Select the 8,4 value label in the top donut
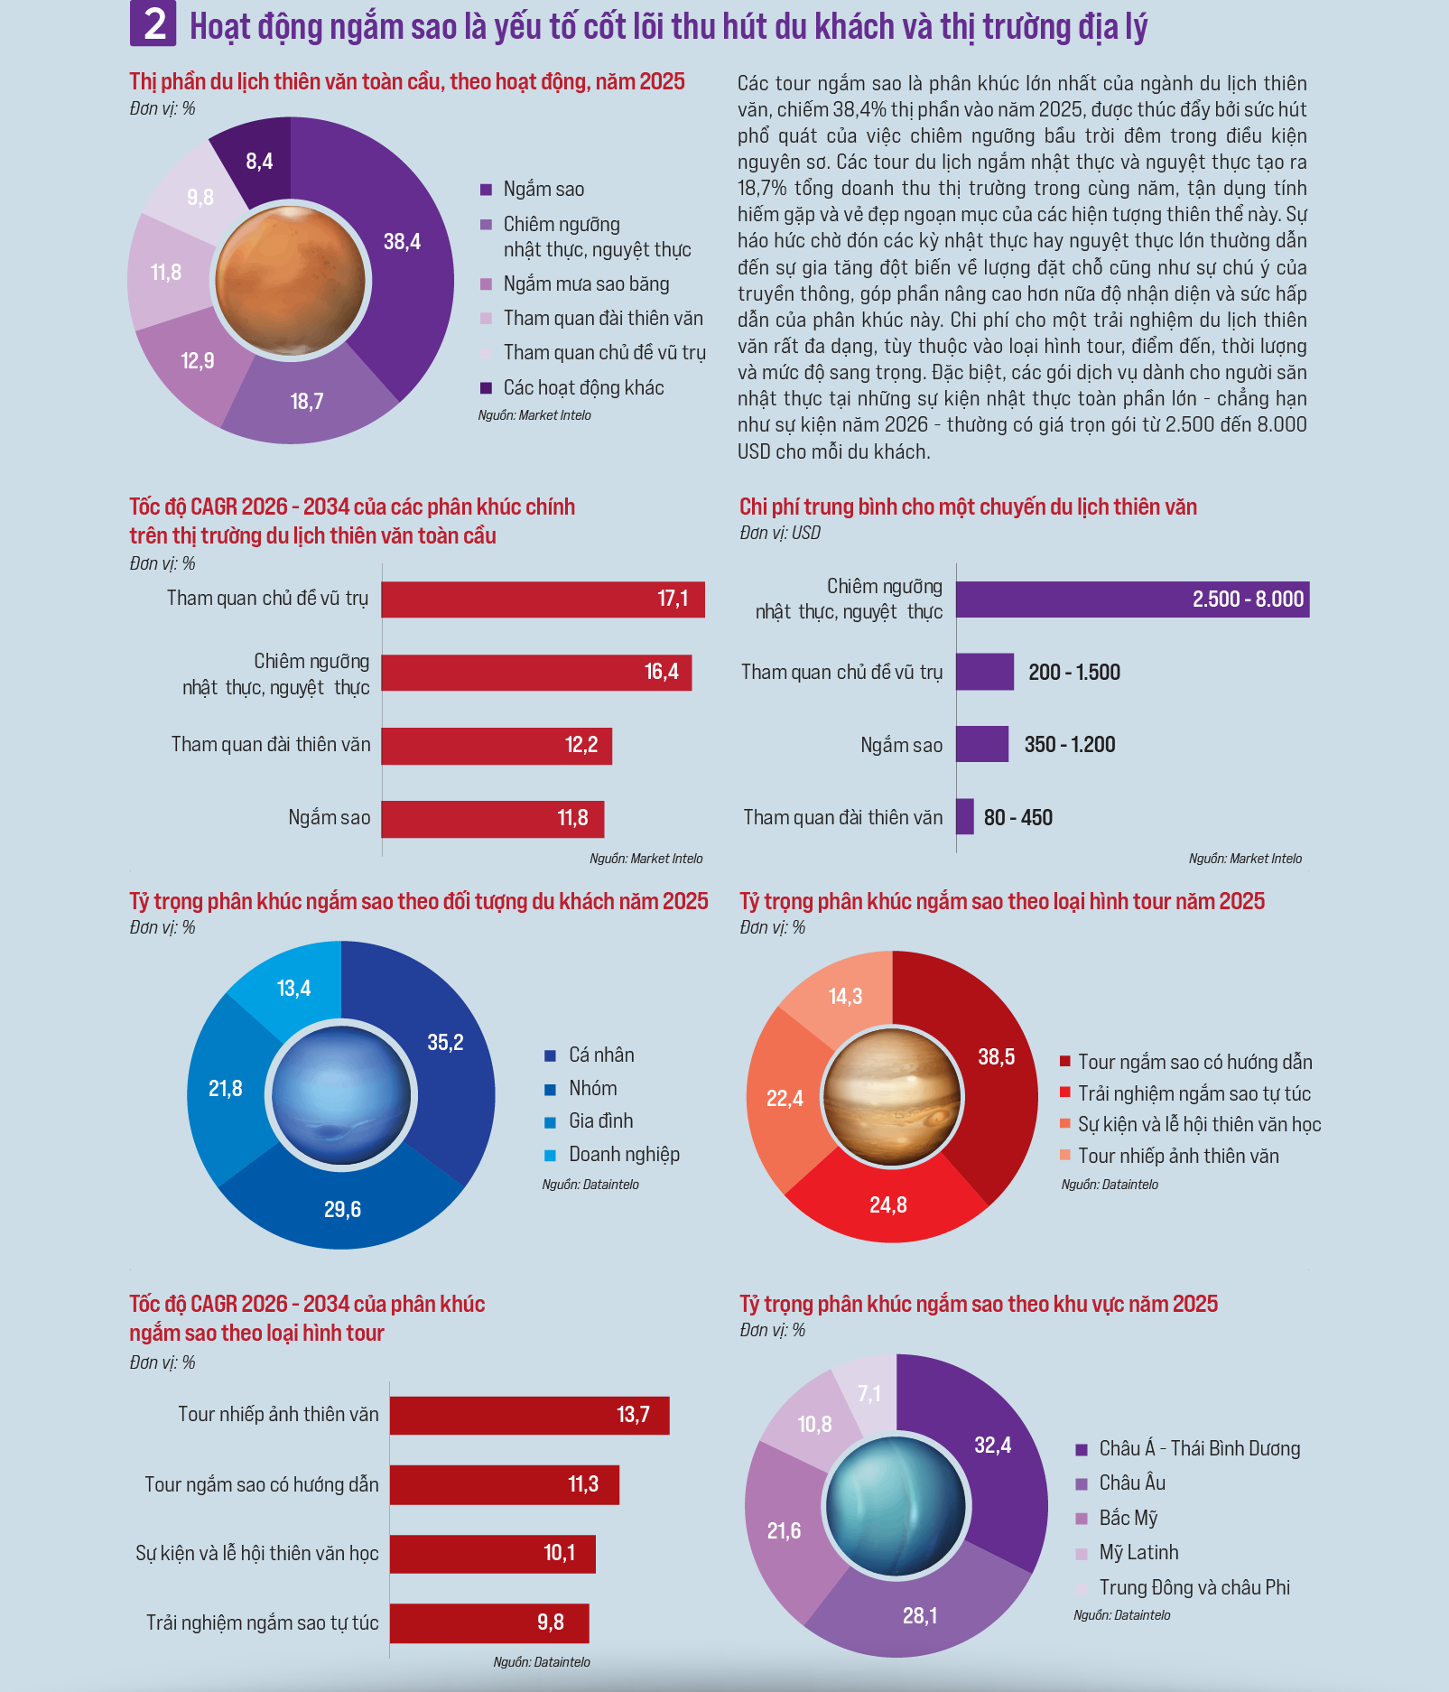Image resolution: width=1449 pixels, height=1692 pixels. point(259,162)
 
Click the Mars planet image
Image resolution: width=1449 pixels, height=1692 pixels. point(291,281)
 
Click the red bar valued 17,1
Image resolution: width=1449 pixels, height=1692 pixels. point(543,600)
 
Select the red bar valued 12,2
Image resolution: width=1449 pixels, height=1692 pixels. point(497,746)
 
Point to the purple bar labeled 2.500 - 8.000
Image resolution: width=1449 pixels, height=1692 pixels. point(1133,600)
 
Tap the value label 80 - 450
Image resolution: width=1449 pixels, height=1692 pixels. point(1018,818)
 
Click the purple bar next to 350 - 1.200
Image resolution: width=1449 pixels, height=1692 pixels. point(982,744)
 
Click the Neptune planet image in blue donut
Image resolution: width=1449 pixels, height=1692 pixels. point(341,1095)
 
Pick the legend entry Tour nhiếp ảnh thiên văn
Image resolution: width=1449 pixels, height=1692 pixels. point(1169,1157)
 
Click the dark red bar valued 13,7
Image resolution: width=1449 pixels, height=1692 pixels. point(530,1415)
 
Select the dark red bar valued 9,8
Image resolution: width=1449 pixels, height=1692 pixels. point(489,1623)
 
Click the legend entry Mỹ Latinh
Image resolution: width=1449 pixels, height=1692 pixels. point(1128,1553)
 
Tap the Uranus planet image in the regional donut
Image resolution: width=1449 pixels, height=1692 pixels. point(896,1506)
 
